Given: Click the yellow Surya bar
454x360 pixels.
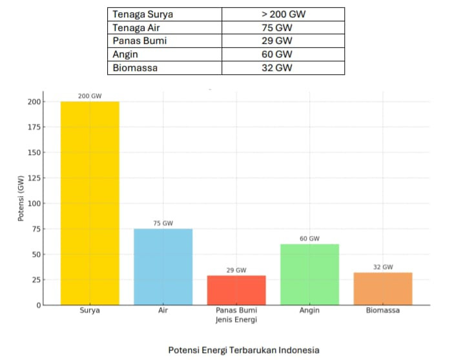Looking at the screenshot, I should point(90,203).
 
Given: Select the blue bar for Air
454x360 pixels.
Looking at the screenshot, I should point(163,266).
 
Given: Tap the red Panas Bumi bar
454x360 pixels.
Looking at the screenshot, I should point(236,290).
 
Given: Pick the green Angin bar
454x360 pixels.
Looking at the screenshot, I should point(309,274).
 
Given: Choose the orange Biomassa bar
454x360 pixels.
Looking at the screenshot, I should point(383,288).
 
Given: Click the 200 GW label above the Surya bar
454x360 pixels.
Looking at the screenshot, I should point(90,95).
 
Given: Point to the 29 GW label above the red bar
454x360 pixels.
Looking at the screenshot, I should point(236,270).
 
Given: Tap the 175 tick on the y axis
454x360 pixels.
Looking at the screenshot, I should point(32,127).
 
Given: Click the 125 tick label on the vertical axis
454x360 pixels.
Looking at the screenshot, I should point(32,178).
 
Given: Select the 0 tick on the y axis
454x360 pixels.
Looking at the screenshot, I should point(37,305).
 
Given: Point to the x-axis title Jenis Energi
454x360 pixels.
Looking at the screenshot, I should point(236,319).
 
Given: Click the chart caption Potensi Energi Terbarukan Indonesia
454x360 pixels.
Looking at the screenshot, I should point(243,350).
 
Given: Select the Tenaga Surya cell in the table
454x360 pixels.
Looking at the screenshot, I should point(143,14).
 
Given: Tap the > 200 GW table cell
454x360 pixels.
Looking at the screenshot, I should point(282,14).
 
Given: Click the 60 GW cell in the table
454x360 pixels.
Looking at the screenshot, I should point(282,55).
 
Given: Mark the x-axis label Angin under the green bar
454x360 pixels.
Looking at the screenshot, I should point(309,310).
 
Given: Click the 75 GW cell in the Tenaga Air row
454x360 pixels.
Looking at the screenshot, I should point(282,28).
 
